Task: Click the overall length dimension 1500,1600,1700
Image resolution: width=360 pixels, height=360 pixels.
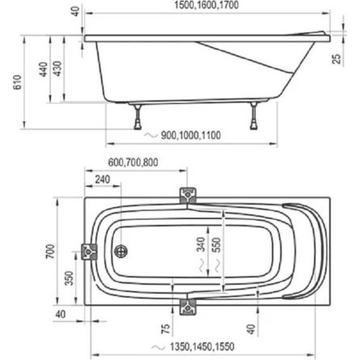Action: coord(207,5)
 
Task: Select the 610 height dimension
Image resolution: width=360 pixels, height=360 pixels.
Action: coord(18,82)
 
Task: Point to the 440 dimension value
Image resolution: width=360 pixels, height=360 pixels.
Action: coord(44,69)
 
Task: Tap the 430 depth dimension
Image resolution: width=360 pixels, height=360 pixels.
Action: coord(57,68)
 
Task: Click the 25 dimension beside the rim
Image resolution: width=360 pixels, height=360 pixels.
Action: coord(337,59)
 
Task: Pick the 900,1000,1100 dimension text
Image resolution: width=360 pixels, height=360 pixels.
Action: coord(191,135)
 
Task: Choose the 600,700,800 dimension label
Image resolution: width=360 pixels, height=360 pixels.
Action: coord(133,162)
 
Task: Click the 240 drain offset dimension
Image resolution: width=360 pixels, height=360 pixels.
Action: coord(102,179)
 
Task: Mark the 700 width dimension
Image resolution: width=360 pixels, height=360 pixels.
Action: coord(51,251)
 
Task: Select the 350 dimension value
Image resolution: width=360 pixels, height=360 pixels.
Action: coord(69,279)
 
